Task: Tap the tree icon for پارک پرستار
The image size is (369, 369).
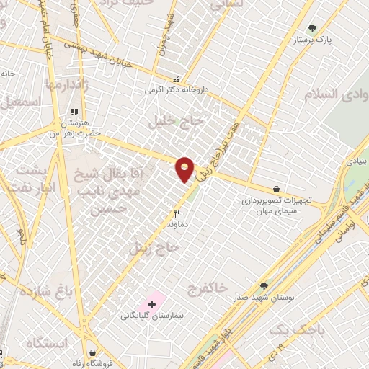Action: coord(312,29)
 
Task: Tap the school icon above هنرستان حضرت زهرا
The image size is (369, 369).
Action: coord(74,112)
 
